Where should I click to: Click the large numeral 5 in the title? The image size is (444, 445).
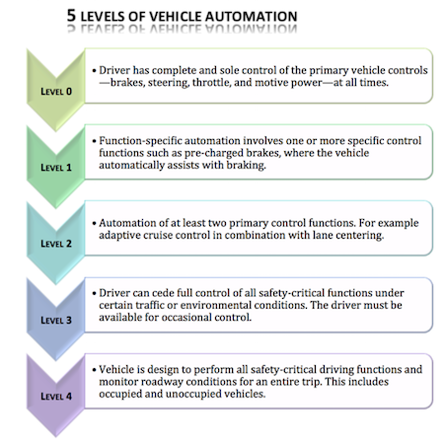click(71, 16)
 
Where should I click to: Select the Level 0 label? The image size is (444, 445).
click(56, 92)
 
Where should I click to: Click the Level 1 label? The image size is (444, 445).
click(56, 168)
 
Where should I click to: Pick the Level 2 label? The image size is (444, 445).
click(56, 244)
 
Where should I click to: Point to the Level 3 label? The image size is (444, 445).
click(56, 320)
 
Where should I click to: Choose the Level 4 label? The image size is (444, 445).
click(56, 396)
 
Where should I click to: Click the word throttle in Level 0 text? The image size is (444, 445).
click(211, 82)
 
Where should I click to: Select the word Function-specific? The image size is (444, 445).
click(140, 141)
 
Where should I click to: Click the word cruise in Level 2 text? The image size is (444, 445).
click(159, 235)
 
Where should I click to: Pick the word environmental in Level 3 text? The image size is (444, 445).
click(216, 305)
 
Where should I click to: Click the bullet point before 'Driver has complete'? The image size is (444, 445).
click(95, 71)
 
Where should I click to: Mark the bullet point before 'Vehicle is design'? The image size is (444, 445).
click(95, 370)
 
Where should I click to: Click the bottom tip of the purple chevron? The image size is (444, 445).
click(55, 437)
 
